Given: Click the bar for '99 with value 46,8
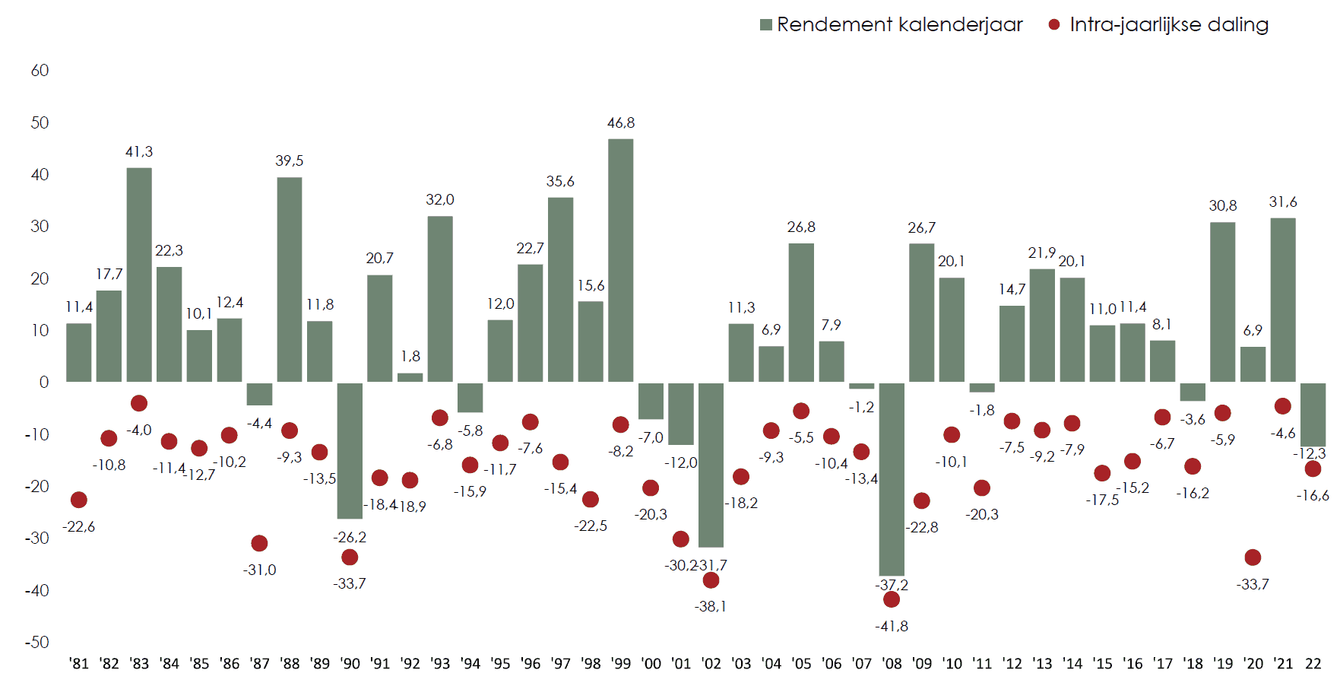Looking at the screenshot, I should [x=620, y=260].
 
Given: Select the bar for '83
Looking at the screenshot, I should [x=139, y=275].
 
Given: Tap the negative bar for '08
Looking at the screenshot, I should [x=892, y=479].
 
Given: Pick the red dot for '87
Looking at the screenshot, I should [x=259, y=543].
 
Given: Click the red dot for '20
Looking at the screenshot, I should [x=1253, y=558].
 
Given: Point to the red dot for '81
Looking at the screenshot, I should [x=79, y=500].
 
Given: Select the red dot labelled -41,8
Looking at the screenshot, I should [x=892, y=599].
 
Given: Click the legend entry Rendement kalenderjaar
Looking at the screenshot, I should [x=891, y=25].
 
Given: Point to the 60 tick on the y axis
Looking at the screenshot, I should [x=40, y=71].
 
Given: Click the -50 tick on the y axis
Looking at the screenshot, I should [x=37, y=643].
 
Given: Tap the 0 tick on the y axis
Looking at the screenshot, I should [x=44, y=383].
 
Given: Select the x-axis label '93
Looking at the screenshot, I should [x=440, y=664].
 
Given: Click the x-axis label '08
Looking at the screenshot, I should [x=892, y=664].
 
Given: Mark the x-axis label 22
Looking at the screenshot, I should [x=1313, y=664].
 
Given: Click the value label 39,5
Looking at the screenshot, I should [x=289, y=161].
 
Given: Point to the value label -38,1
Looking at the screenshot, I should [x=711, y=607].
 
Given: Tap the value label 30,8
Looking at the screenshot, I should [x=1222, y=206].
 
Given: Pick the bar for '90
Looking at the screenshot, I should [x=350, y=450].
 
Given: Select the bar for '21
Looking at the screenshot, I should [x=1282, y=300].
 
